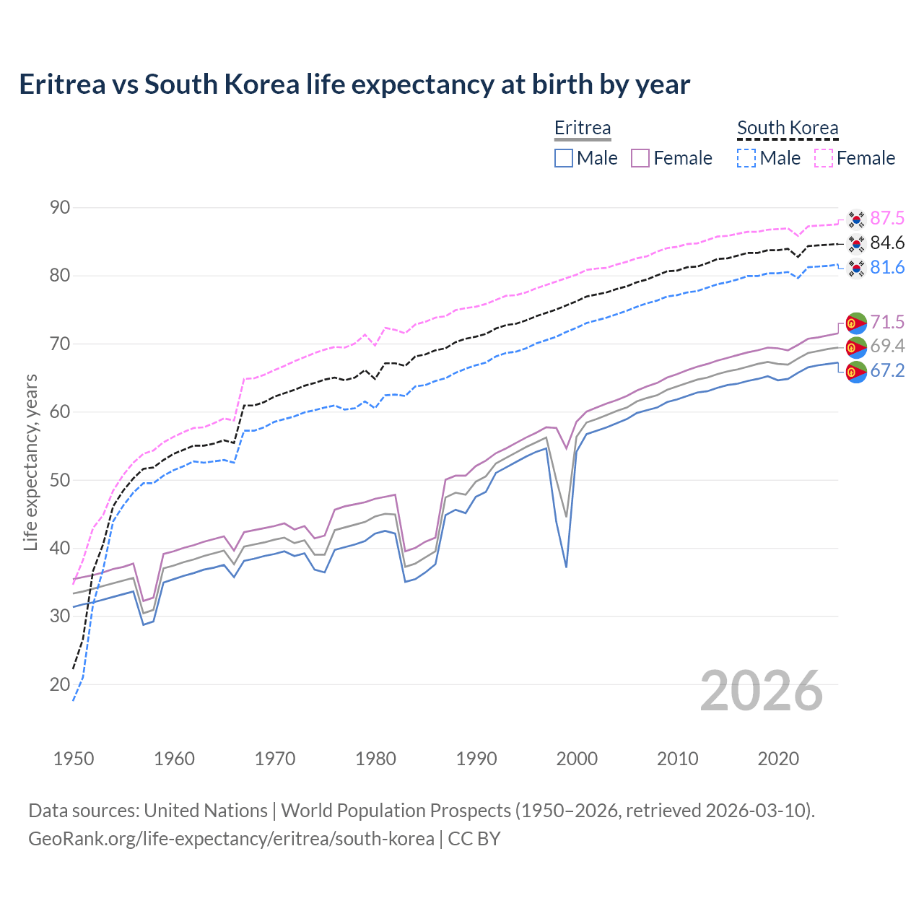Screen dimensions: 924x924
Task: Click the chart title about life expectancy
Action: pyautogui.click(x=354, y=84)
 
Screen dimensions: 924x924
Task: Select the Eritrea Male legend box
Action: pyautogui.click(x=564, y=158)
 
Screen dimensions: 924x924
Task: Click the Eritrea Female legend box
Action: pyautogui.click(x=640, y=158)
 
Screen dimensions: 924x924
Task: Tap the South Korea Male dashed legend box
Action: pyautogui.click(x=746, y=158)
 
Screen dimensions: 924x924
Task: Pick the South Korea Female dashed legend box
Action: pyautogui.click(x=824, y=158)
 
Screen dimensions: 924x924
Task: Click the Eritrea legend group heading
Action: pyautogui.click(x=583, y=128)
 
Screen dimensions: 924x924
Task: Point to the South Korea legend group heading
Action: pyautogui.click(x=788, y=128)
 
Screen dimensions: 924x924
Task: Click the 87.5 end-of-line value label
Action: pyautogui.click(x=887, y=218)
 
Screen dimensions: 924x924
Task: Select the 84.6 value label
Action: pyautogui.click(x=887, y=243)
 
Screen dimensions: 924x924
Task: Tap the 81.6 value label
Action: pyautogui.click(x=887, y=267)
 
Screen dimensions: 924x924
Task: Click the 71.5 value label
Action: pyautogui.click(x=887, y=322)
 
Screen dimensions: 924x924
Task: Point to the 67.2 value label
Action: pyautogui.click(x=887, y=371)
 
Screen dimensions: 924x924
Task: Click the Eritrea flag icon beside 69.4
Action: pyautogui.click(x=856, y=347)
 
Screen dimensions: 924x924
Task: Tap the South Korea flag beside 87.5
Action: pyautogui.click(x=856, y=219)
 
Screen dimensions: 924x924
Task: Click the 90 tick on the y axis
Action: pyautogui.click(x=60, y=208)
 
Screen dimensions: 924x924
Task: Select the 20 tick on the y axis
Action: pyautogui.click(x=60, y=684)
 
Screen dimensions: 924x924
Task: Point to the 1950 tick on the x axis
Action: pyautogui.click(x=74, y=759)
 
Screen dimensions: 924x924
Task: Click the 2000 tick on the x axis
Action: pyautogui.click(x=577, y=759)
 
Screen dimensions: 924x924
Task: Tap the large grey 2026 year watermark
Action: pyautogui.click(x=762, y=691)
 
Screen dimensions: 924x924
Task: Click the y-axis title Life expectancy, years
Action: pyautogui.click(x=31, y=462)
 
